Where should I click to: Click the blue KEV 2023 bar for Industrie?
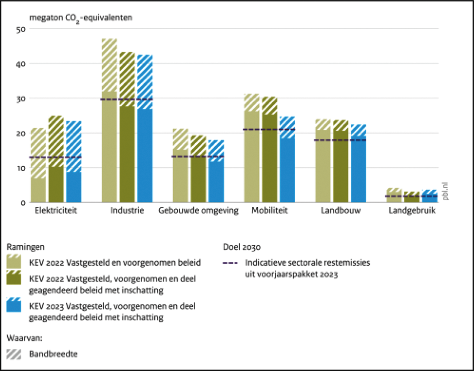pyautogui.click(x=145, y=146)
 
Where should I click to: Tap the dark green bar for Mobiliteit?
pyautogui.click(x=270, y=154)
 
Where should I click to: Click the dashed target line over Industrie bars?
pyautogui.click(x=127, y=99)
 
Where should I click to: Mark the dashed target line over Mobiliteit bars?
pyautogui.click(x=270, y=129)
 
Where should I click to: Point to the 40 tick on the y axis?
pyautogui.click(x=21, y=64)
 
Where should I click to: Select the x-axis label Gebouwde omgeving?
pyautogui.click(x=198, y=211)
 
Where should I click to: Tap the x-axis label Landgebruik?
pyautogui.click(x=412, y=211)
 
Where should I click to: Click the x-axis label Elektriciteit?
pyautogui.click(x=56, y=211)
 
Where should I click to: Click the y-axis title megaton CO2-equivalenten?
pyautogui.click(x=81, y=18)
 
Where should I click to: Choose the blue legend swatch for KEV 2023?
pyautogui.click(x=14, y=305)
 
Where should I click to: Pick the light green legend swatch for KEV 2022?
pyautogui.click(x=14, y=262)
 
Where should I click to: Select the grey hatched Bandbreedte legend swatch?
pyautogui.click(x=14, y=354)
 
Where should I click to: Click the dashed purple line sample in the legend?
pyautogui.click(x=230, y=263)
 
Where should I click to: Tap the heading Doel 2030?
pyautogui.click(x=242, y=247)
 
